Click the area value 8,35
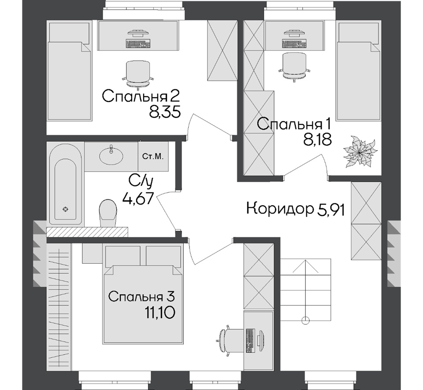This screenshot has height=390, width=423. (164, 111)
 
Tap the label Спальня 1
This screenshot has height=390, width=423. (294, 125)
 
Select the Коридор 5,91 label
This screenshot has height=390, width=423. (295, 209)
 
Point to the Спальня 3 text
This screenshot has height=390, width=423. (141, 297)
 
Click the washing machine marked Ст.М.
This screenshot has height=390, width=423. (153, 157)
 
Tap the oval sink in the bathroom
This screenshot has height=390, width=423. (111, 155)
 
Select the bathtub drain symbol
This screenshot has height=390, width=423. (65, 209)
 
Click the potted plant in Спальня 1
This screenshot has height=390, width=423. (360, 152)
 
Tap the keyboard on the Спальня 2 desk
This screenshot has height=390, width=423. (137, 44)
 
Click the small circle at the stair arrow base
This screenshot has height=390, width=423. (305, 320)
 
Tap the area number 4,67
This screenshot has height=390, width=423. (138, 199)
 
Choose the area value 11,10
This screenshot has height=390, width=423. (160, 313)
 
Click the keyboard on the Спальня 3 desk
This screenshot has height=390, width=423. (251, 341)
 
